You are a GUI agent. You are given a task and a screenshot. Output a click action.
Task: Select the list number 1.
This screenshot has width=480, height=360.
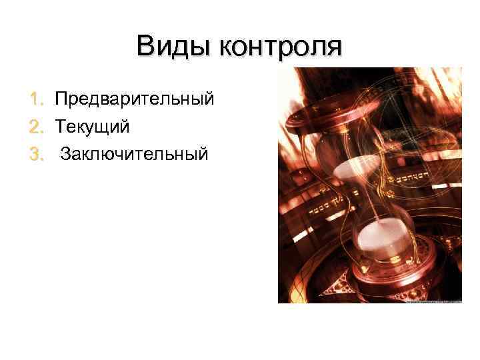(x=38, y=99)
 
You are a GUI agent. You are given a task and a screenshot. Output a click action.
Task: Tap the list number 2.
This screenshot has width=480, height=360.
(x=38, y=127)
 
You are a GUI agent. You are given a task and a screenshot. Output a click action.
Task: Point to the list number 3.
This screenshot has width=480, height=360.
(x=38, y=155)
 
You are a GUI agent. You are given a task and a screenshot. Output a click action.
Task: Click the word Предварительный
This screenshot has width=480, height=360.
(x=134, y=99)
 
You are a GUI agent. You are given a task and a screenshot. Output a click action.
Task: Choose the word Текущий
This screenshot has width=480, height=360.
(x=92, y=127)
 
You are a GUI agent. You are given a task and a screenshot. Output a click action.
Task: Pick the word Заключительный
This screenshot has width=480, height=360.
(x=134, y=155)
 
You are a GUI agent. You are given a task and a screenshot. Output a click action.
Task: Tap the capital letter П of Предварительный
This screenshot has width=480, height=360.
(x=61, y=99)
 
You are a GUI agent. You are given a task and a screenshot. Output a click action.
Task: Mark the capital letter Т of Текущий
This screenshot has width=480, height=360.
(x=60, y=127)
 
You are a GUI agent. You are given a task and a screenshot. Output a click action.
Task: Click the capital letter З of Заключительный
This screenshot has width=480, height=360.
(x=65, y=155)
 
